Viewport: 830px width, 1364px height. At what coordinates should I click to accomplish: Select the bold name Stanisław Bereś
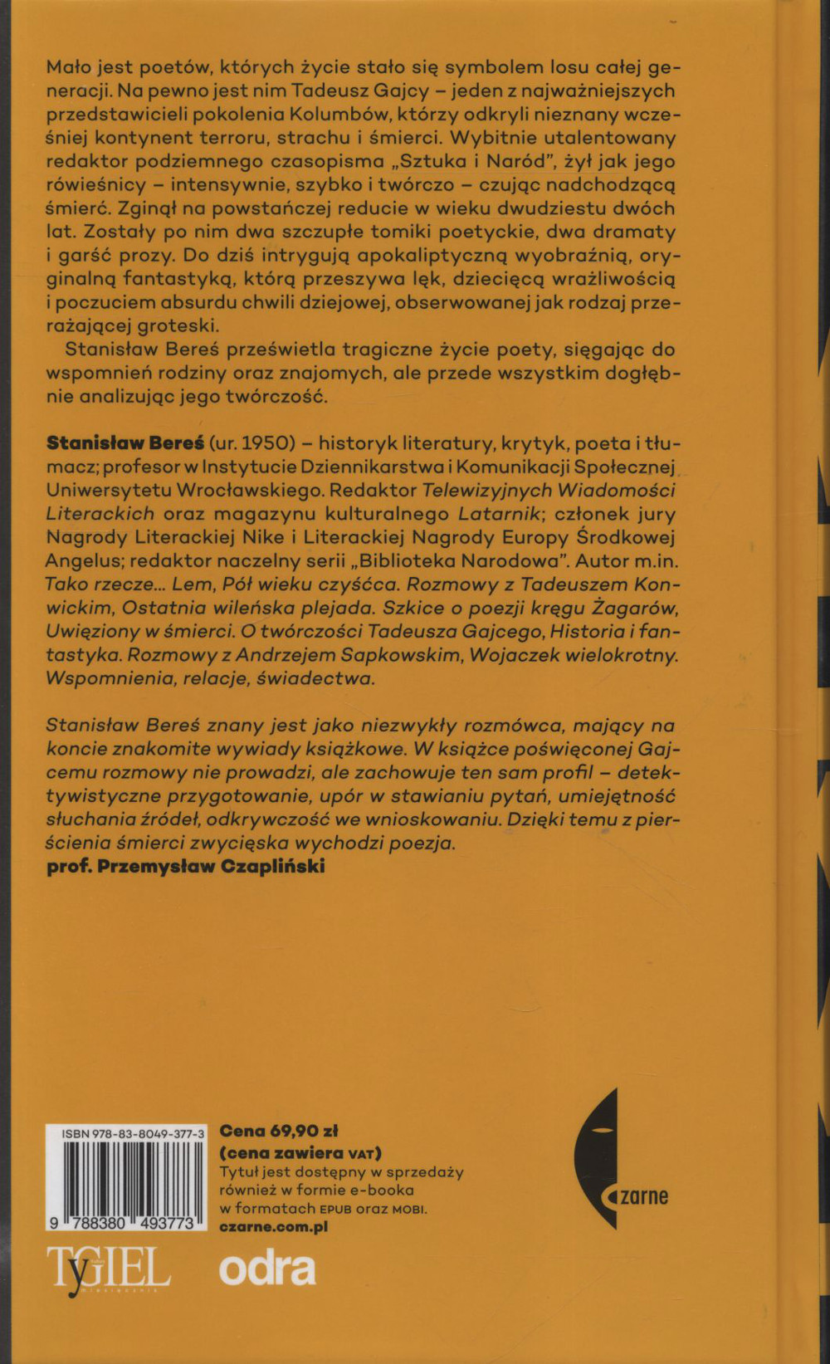click(x=125, y=442)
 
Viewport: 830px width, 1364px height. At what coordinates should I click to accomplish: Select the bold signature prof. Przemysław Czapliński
click(x=186, y=866)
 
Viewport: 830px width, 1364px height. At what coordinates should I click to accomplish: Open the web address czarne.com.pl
click(x=273, y=1226)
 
